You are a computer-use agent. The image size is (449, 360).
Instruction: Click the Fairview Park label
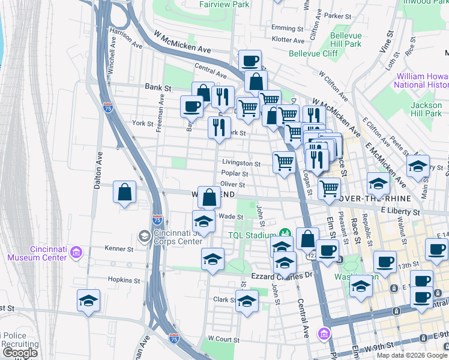pos(224,4)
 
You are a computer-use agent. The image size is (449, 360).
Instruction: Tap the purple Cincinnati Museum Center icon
pos(76,252)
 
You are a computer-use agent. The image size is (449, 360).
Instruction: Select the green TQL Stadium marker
pos(285,233)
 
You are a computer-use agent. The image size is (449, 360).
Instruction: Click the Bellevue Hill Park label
pos(346,40)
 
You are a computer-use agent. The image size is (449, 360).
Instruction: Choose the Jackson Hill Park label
pos(426,109)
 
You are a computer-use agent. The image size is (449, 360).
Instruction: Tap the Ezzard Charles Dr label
pos(286,274)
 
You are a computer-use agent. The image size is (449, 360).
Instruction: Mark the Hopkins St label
pos(124,280)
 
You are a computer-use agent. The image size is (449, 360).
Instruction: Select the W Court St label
pos(223,339)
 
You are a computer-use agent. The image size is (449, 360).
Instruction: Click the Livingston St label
pos(241,163)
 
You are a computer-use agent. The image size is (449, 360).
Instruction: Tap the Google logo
pos(20,353)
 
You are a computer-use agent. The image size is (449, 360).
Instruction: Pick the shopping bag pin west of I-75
pos(124,193)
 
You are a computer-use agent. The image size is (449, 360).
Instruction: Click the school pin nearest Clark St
pos(247,302)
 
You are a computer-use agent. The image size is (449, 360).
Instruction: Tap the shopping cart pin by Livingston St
pos(284,161)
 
